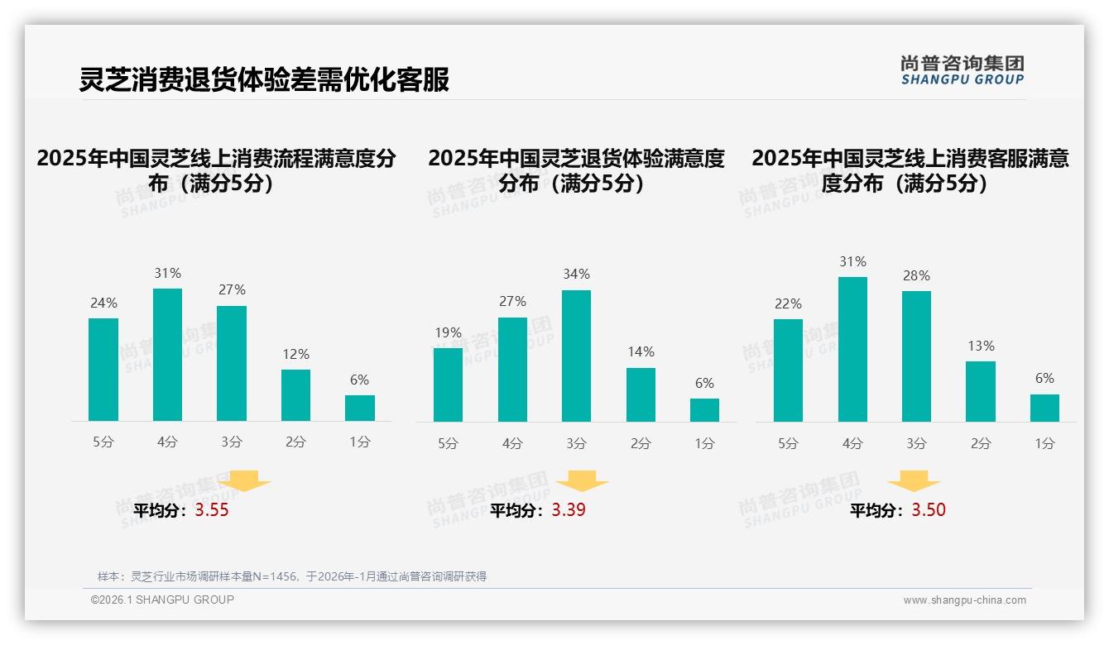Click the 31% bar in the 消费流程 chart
click(167, 355)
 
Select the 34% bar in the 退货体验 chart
click(576, 356)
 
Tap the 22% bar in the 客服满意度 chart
click(788, 370)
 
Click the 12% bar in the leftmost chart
click(295, 395)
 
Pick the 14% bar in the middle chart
click(641, 394)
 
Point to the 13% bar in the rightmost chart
click(980, 391)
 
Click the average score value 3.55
click(212, 510)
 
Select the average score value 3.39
click(569, 510)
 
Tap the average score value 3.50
click(929, 510)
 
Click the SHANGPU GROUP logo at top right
click(962, 70)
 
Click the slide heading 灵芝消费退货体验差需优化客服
click(264, 80)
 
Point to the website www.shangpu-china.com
click(964, 600)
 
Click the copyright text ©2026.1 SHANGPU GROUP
click(162, 600)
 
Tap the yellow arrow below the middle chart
click(582, 481)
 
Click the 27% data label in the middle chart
click(512, 302)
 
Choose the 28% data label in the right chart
click(916, 275)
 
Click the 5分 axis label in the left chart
click(103, 442)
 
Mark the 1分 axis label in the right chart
click(1044, 444)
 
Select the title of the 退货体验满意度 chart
click(576, 170)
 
